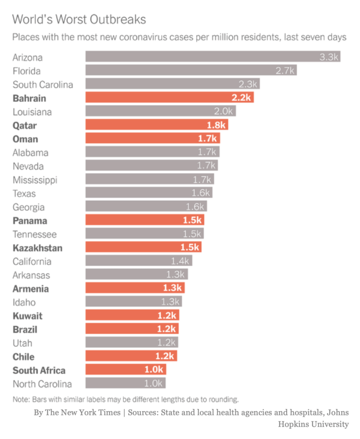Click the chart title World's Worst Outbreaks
(79, 19)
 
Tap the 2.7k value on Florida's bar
(284, 71)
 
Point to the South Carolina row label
(42, 85)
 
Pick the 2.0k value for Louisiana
(224, 112)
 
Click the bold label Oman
(25, 139)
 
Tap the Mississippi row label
(35, 180)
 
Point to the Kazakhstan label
(37, 248)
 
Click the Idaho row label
(24, 302)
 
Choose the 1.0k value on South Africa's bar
(154, 370)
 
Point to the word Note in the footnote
(21, 399)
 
